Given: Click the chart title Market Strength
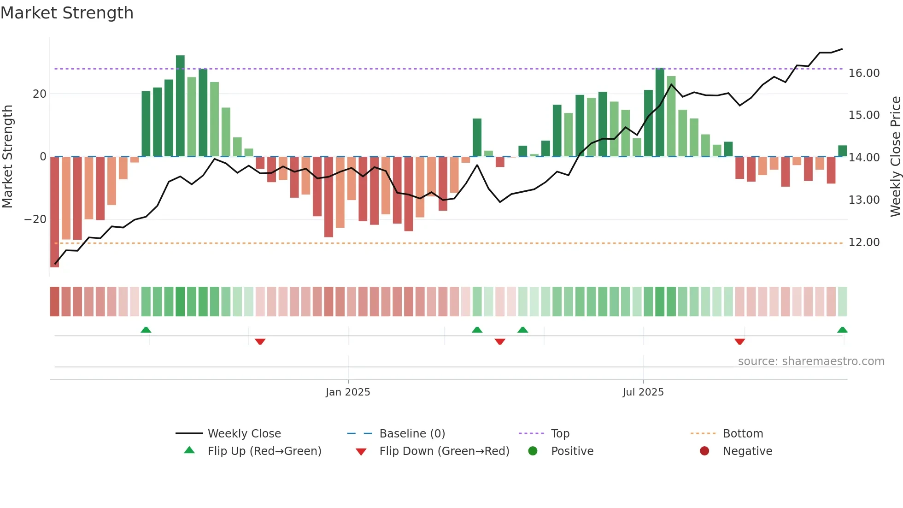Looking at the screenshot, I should pyautogui.click(x=67, y=13).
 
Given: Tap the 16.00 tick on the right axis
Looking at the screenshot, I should pyautogui.click(x=864, y=73).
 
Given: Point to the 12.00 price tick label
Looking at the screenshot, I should pyautogui.click(x=864, y=242).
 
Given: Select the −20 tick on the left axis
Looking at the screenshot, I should pyautogui.click(x=35, y=219).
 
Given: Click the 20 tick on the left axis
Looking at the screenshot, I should pyautogui.click(x=40, y=94).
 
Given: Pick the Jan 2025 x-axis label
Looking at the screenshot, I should pyautogui.click(x=348, y=392).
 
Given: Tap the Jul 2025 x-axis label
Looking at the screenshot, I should pyautogui.click(x=643, y=392).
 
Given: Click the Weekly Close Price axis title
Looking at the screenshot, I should pyautogui.click(x=895, y=157).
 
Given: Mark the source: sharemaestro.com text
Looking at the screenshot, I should pyautogui.click(x=811, y=361).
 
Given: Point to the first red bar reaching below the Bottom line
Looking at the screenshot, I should pyautogui.click(x=54, y=212).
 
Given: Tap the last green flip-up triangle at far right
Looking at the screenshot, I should pyautogui.click(x=842, y=330).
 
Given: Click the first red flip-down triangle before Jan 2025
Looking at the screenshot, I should pyautogui.click(x=260, y=342).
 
